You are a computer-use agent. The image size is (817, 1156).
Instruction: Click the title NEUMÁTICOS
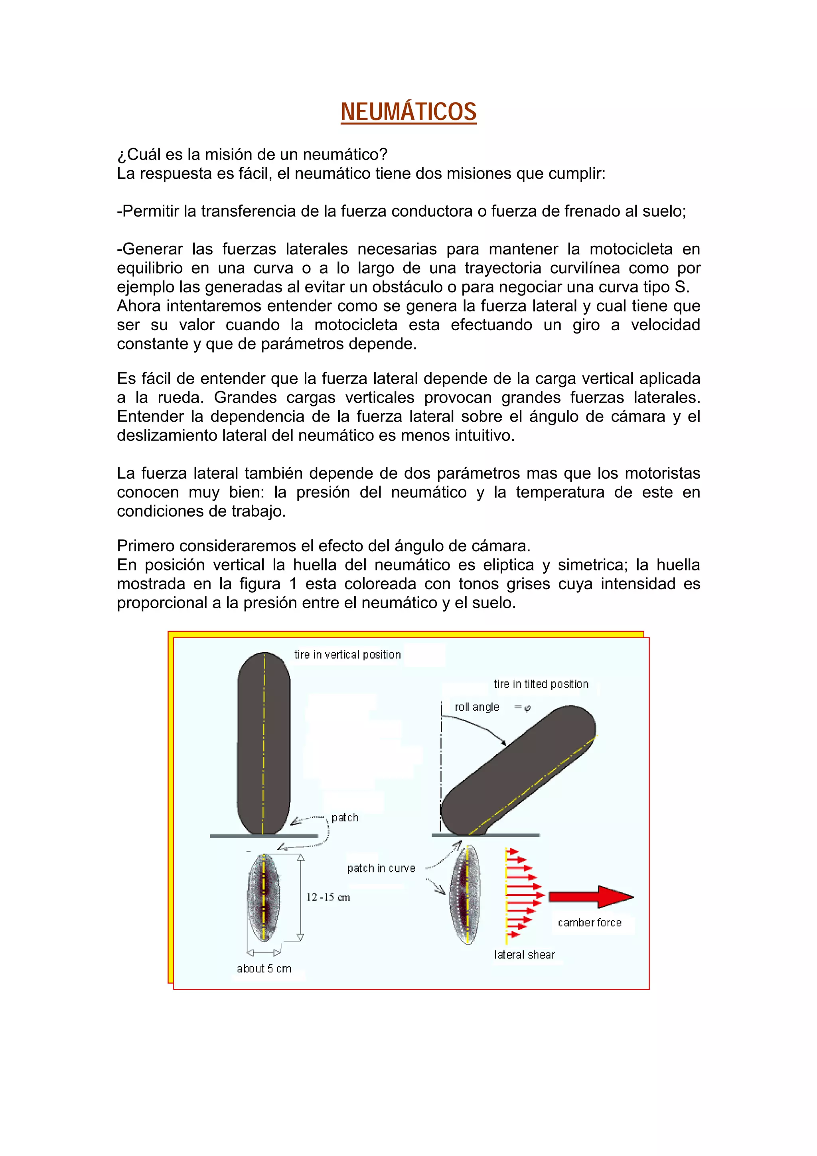(x=408, y=112)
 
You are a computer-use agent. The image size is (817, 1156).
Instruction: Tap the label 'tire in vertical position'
(x=347, y=655)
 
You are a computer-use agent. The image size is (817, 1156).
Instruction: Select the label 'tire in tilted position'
(x=541, y=684)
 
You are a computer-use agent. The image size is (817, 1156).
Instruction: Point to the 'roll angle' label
(x=477, y=707)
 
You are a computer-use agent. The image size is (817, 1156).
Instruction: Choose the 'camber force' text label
(x=590, y=922)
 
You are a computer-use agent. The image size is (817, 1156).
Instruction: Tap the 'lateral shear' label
(x=525, y=955)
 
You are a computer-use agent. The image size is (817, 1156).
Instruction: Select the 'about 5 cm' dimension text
(x=264, y=968)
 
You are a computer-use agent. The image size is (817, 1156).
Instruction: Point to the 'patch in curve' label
(x=381, y=868)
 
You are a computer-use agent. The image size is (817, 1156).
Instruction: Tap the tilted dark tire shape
(x=519, y=770)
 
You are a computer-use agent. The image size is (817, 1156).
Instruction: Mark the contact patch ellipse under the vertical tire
(x=263, y=897)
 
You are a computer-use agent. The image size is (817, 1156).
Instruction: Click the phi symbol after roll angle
(x=527, y=708)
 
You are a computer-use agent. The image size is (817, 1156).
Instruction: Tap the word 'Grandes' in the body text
(x=245, y=397)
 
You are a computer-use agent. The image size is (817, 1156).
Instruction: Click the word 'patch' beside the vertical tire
(x=345, y=818)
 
